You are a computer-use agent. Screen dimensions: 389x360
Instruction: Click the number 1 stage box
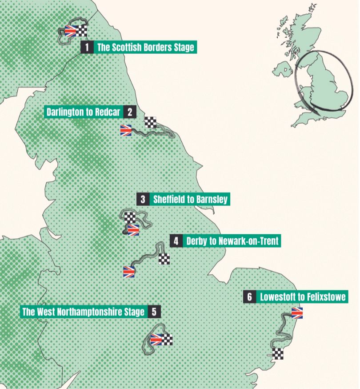87,48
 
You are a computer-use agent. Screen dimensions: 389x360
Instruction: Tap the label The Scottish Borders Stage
145,48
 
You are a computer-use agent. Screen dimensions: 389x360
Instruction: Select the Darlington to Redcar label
83,112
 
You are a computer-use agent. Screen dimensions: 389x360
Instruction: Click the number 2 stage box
129,112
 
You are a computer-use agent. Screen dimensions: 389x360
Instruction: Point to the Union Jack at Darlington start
126,130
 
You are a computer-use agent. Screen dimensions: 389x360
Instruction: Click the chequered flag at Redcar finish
151,122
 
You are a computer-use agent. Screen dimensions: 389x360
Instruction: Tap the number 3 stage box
143,199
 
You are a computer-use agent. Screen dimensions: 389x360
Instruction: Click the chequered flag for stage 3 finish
129,218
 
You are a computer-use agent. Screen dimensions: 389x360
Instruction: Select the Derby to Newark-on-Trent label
232,241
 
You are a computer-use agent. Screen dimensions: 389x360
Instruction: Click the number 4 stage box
176,241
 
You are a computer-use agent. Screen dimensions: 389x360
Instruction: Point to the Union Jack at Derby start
128,272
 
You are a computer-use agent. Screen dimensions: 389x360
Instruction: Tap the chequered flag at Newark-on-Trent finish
164,259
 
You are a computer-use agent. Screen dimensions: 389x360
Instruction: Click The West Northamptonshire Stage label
84,312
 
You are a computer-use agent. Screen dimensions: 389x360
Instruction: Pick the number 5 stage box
154,312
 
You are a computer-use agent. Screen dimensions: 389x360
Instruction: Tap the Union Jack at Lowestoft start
296,313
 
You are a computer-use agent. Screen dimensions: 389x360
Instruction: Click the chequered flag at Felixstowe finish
278,354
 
